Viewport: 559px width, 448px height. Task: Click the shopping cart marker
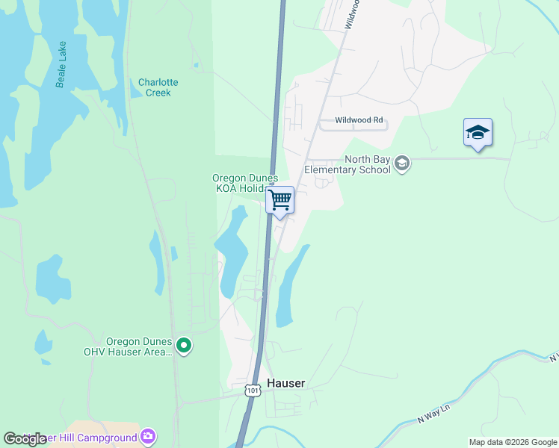coord(279,200)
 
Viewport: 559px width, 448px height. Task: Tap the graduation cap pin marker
coord(478,133)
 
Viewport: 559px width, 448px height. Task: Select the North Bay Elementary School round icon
coord(402,164)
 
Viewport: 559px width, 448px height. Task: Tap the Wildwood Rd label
coord(359,119)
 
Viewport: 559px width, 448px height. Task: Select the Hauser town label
coord(285,383)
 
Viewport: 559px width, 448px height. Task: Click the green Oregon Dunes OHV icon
coord(184,346)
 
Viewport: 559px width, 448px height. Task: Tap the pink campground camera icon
coord(149,436)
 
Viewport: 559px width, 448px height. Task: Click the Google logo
coord(25,439)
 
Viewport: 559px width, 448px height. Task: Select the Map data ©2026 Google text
coord(513,442)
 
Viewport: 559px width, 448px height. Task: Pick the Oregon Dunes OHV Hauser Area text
coord(139,346)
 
